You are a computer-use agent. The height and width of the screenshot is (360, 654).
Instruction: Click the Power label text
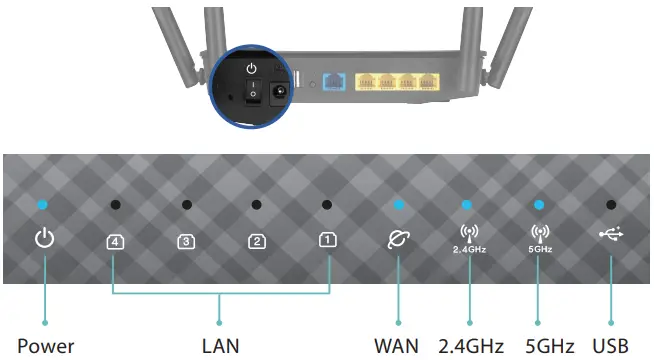coord(46,346)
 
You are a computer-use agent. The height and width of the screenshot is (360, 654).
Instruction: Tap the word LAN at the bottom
coord(220,346)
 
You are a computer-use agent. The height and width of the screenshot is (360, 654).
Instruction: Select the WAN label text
coord(397,346)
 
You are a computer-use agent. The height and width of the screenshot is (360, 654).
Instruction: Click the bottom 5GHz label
coord(548,346)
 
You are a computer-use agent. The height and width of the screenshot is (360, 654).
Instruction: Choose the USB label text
coord(611,346)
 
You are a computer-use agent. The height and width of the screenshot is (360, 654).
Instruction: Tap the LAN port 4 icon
coord(115,240)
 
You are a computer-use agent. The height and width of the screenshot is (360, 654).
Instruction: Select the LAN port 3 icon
coord(186,240)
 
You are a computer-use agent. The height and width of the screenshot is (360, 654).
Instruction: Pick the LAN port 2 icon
coord(257,240)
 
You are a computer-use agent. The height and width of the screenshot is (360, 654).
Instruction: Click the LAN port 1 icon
coord(328,240)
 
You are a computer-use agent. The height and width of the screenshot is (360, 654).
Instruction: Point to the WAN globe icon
coord(398,239)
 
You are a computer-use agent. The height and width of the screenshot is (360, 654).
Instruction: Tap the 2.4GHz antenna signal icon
coord(468,232)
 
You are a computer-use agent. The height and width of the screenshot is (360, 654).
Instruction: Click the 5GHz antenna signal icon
coord(539,232)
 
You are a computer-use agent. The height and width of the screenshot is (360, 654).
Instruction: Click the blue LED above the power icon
coord(42,205)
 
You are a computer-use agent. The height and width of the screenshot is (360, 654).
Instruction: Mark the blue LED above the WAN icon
coord(398,205)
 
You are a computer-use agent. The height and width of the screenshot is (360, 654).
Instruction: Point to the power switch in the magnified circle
coord(253,93)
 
